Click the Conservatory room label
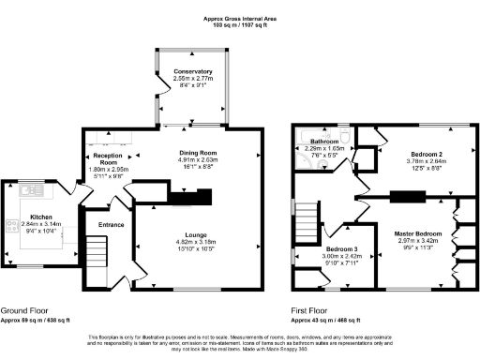191,71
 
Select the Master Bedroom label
414,232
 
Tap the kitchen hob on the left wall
12,226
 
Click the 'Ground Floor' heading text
25,310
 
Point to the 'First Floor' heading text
309,310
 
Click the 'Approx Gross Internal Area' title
240,18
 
